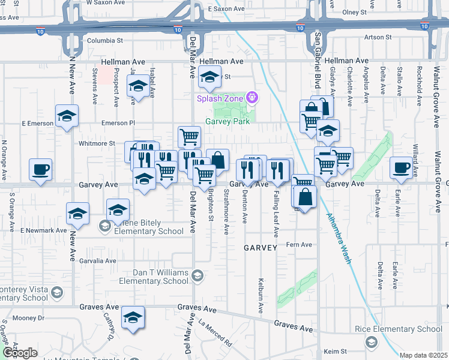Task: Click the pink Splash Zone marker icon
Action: [253, 97]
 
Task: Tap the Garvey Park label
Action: [228, 121]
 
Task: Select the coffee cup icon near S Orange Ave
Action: [40, 169]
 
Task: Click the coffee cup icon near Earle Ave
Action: [401, 167]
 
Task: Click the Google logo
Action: [19, 352]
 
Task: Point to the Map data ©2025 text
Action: [424, 355]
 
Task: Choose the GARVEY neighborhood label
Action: [260, 247]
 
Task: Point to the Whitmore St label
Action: [97, 143]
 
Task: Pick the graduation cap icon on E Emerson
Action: [67, 116]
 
